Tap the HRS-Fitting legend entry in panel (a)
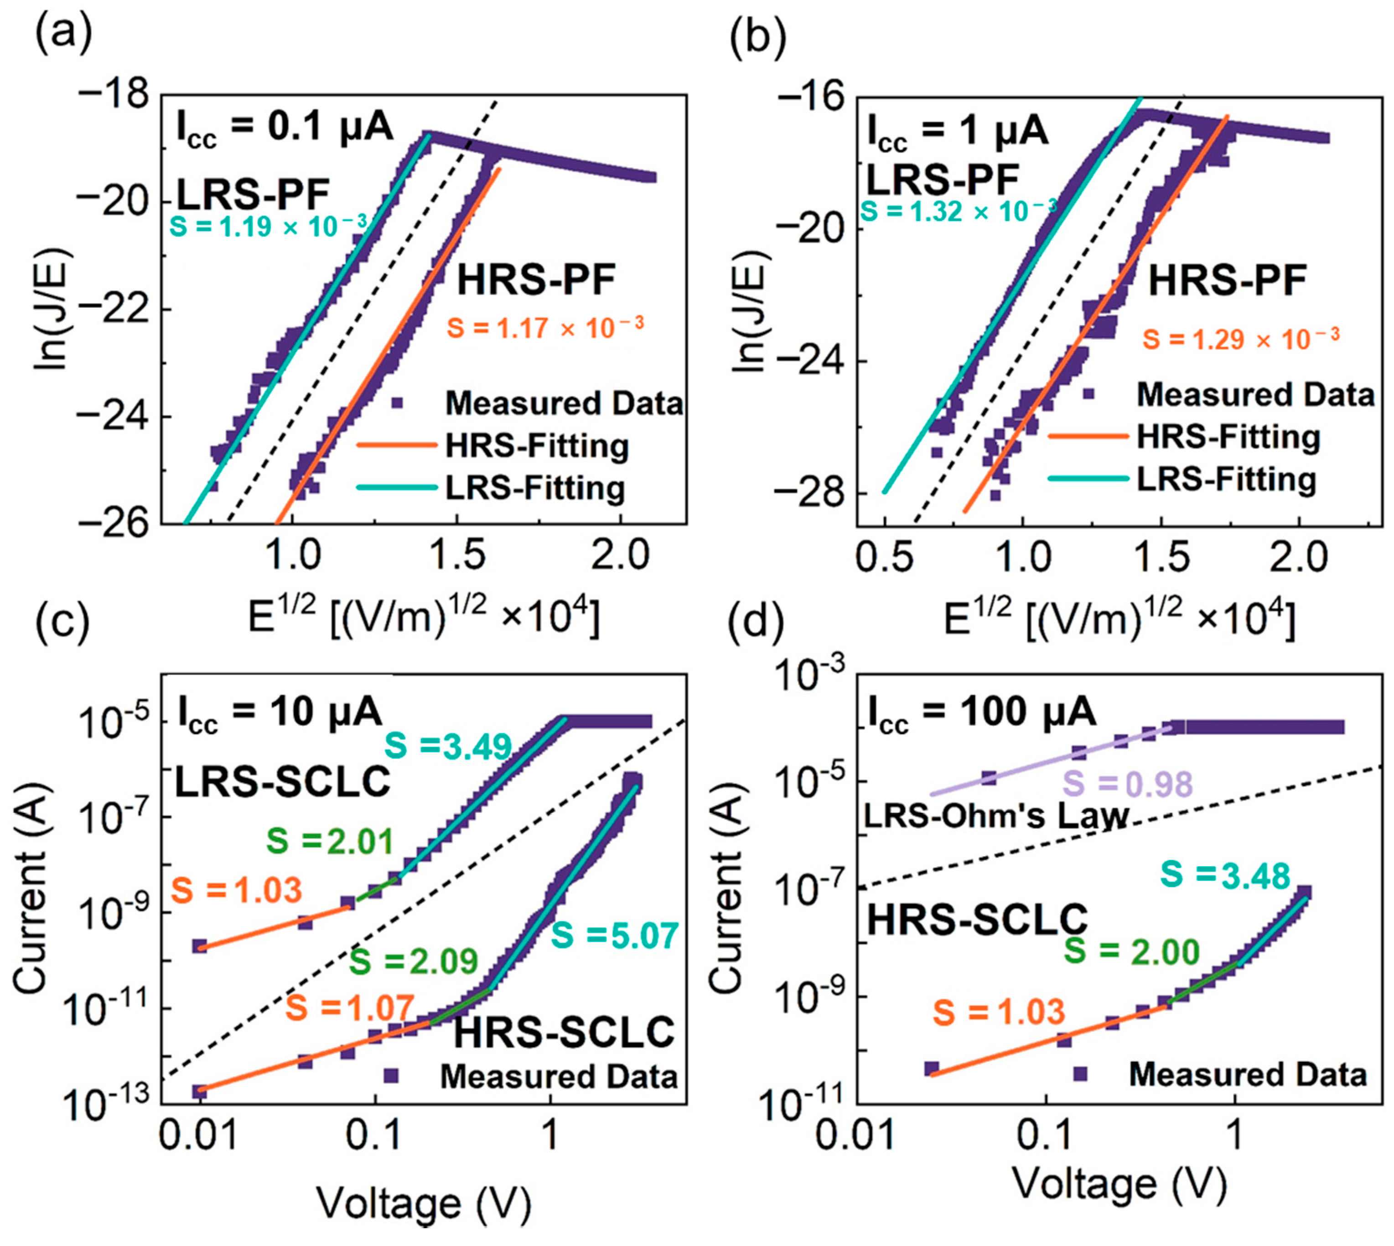[x=536, y=446]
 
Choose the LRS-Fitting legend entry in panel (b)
[x=1226, y=479]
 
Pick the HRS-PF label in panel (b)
[x=1227, y=281]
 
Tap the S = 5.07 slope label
[x=614, y=935]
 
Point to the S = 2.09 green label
[x=414, y=961]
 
